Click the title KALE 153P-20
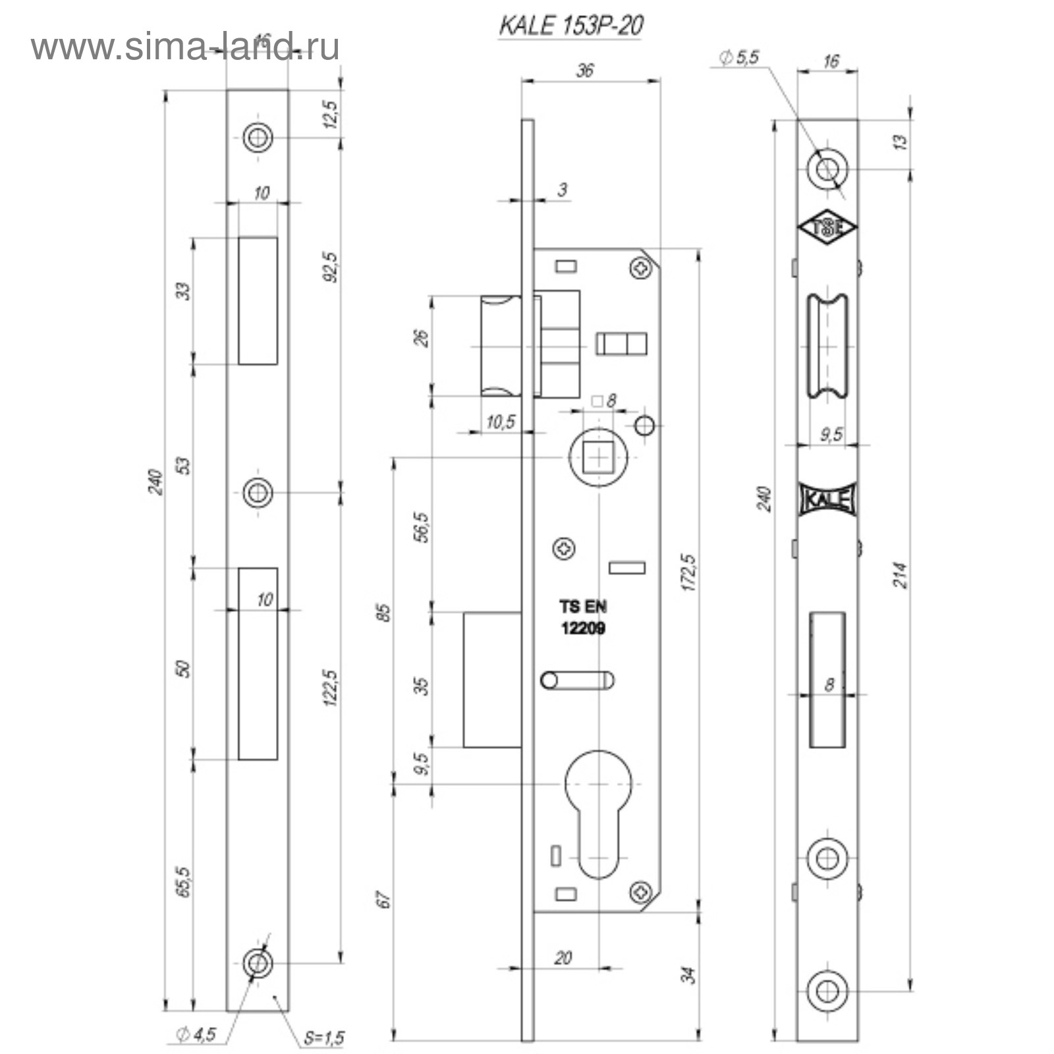(570, 26)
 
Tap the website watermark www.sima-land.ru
(185, 47)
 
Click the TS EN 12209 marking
(583, 617)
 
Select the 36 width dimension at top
(584, 70)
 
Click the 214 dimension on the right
(901, 575)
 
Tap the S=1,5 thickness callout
(323, 1038)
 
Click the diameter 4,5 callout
(196, 1034)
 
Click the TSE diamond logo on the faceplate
(827, 228)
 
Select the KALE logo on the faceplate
(827, 499)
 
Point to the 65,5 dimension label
(184, 881)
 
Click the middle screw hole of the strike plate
(258, 492)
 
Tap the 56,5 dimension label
(422, 527)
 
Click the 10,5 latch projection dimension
(501, 422)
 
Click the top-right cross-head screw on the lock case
(641, 268)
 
